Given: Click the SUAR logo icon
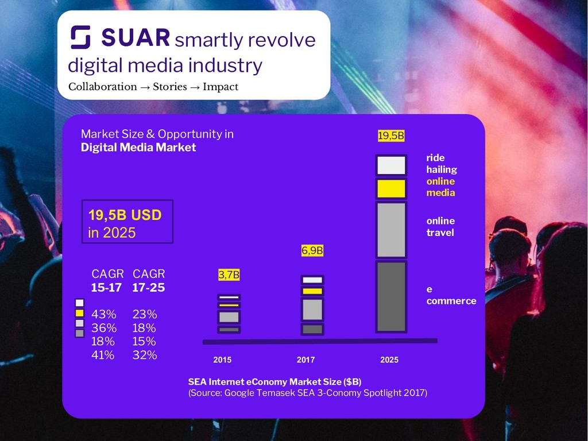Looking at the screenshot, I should [80, 38].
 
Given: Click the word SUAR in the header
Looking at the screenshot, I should [136, 38].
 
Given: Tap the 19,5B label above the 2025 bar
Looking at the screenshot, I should [391, 136].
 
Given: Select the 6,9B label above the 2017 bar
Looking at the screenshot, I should [312, 251].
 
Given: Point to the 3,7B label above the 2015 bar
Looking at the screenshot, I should [229, 275].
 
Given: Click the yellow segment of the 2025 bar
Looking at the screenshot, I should [392, 188].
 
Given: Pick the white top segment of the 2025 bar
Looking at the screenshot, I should [392, 165].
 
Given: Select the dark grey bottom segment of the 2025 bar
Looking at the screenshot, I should [392, 296].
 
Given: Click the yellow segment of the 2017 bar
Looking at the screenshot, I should [312, 291].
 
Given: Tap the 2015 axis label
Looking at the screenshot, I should [222, 360].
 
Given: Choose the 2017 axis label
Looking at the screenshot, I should [305, 360].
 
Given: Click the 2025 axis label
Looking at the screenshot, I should [389, 360].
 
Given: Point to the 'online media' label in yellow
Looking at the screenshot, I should [440, 187].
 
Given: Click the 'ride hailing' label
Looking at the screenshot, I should [442, 164].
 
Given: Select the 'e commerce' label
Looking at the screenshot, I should [451, 295].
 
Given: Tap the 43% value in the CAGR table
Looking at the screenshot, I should [104, 315].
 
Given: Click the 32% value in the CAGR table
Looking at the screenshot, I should [145, 355].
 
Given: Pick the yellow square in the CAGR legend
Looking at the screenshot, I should [79, 313].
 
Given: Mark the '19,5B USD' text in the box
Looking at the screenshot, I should [125, 215].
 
